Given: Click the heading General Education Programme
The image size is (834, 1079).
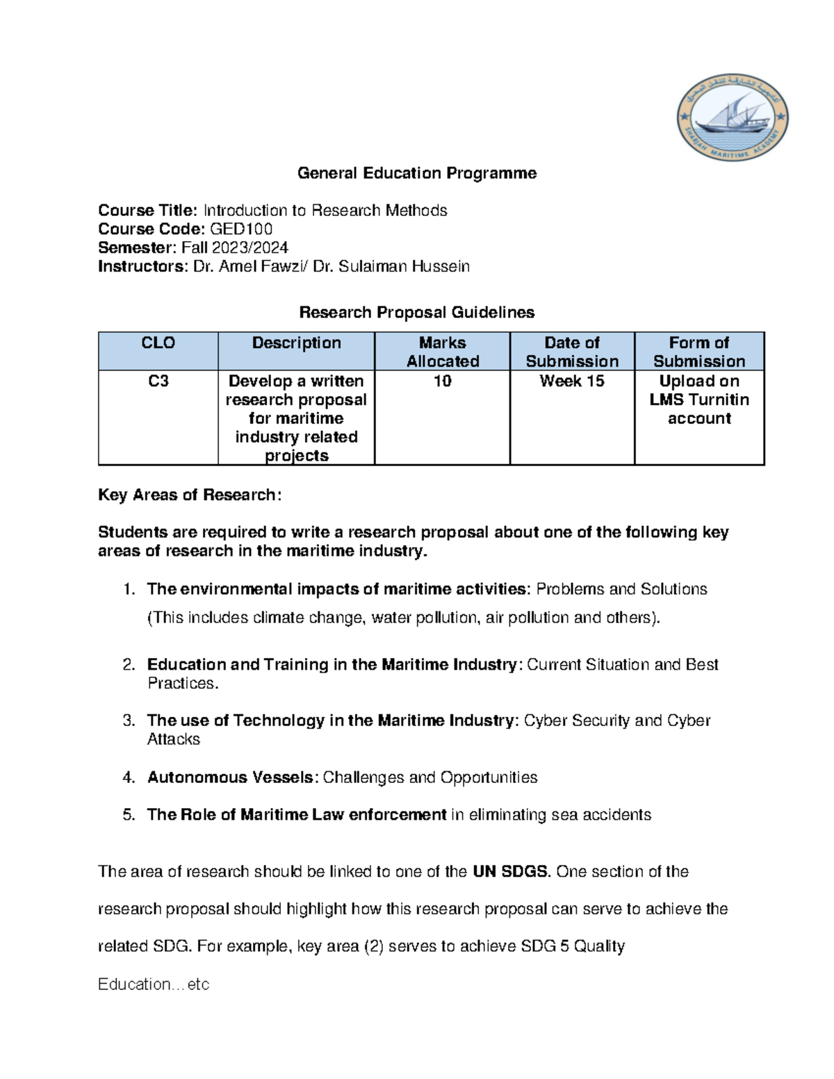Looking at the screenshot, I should point(417,173).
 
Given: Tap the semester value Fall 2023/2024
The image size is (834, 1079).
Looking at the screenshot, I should point(235,247).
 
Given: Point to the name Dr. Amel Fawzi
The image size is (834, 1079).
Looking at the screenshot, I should point(248,266).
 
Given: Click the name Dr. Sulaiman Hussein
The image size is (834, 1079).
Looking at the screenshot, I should point(391,266).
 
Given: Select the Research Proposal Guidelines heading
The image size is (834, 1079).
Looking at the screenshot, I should point(417,313).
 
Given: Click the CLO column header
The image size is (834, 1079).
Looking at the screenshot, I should point(158,343).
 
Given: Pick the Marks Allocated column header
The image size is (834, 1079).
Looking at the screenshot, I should point(442,352).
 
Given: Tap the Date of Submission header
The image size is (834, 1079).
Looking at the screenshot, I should point(572,352).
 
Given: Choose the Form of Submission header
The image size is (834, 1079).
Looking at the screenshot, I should point(699,352).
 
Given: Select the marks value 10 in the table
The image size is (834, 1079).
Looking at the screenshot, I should point(442,381).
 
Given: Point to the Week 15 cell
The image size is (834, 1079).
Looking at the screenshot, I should point(572,381).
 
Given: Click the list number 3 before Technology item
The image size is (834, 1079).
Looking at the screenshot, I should point(128,720).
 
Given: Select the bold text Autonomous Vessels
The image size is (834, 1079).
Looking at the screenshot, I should point(231,777).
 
